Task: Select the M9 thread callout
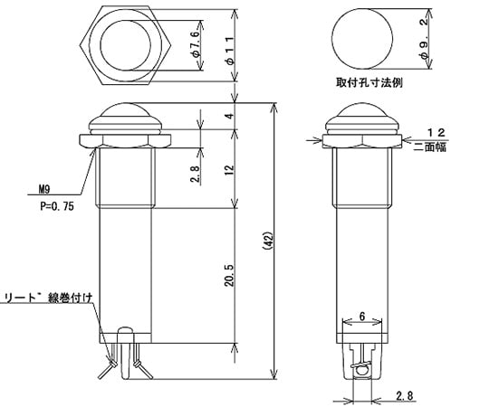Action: [x=43, y=191]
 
